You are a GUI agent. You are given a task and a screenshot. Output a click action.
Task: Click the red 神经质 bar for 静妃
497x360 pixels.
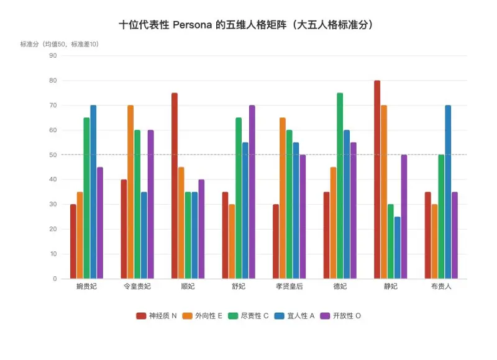pyautogui.click(x=377, y=179)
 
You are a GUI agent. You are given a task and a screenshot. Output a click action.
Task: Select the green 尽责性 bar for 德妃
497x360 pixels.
pyautogui.click(x=340, y=186)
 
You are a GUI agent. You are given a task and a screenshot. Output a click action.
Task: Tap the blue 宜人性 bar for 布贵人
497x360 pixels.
pyautogui.click(x=448, y=192)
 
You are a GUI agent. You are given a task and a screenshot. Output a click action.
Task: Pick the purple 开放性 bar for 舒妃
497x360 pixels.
pyautogui.click(x=252, y=192)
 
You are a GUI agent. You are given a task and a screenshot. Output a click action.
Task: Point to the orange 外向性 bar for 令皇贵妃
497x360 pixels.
pyautogui.click(x=130, y=192)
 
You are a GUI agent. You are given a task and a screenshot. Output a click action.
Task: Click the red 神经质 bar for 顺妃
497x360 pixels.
pyautogui.click(x=175, y=186)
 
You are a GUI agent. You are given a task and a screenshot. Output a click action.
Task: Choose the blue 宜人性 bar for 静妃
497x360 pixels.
pyautogui.click(x=398, y=248)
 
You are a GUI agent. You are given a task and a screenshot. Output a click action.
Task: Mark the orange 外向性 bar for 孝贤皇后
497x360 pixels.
pyautogui.click(x=283, y=198)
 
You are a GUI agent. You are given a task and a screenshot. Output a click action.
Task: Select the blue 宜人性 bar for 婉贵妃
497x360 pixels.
pyautogui.click(x=93, y=192)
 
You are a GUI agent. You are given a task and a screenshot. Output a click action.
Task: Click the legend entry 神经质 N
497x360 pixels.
pyautogui.click(x=157, y=316)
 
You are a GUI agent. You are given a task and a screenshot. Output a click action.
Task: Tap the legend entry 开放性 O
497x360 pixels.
pyautogui.click(x=340, y=316)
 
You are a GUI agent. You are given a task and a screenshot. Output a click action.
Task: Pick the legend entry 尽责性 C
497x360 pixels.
pyautogui.click(x=248, y=316)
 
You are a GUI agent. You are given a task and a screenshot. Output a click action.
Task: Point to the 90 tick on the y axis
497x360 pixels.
pyautogui.click(x=53, y=56)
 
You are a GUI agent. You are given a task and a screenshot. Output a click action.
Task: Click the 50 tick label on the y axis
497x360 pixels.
pyautogui.click(x=53, y=155)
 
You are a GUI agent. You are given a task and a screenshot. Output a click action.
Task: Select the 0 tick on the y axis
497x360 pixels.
pyautogui.click(x=55, y=279)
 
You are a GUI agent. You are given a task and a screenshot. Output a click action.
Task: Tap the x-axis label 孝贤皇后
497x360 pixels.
pyautogui.click(x=289, y=287)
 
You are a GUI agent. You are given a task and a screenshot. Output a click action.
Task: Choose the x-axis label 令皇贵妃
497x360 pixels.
pyautogui.click(x=137, y=287)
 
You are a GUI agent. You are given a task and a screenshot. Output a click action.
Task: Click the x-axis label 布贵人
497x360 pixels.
pyautogui.click(x=441, y=287)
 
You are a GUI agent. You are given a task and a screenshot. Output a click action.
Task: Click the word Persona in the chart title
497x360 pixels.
pyautogui.click(x=192, y=25)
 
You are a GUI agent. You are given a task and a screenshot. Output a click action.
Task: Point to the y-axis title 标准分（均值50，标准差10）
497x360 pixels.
pyautogui.click(x=60, y=44)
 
